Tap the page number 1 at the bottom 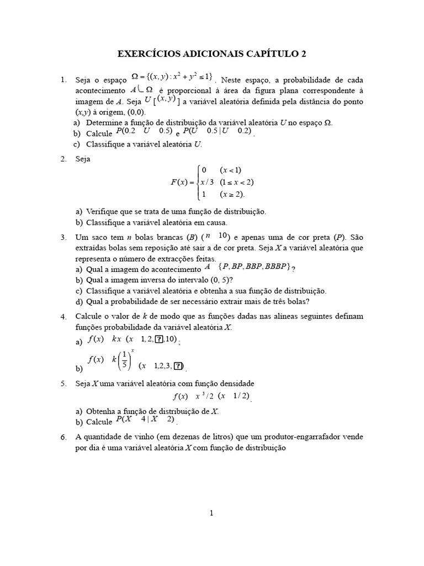(211, 513)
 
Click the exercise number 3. (63, 237)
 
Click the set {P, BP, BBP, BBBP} (255, 268)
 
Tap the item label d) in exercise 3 (79, 301)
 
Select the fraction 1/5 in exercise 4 (125, 359)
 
